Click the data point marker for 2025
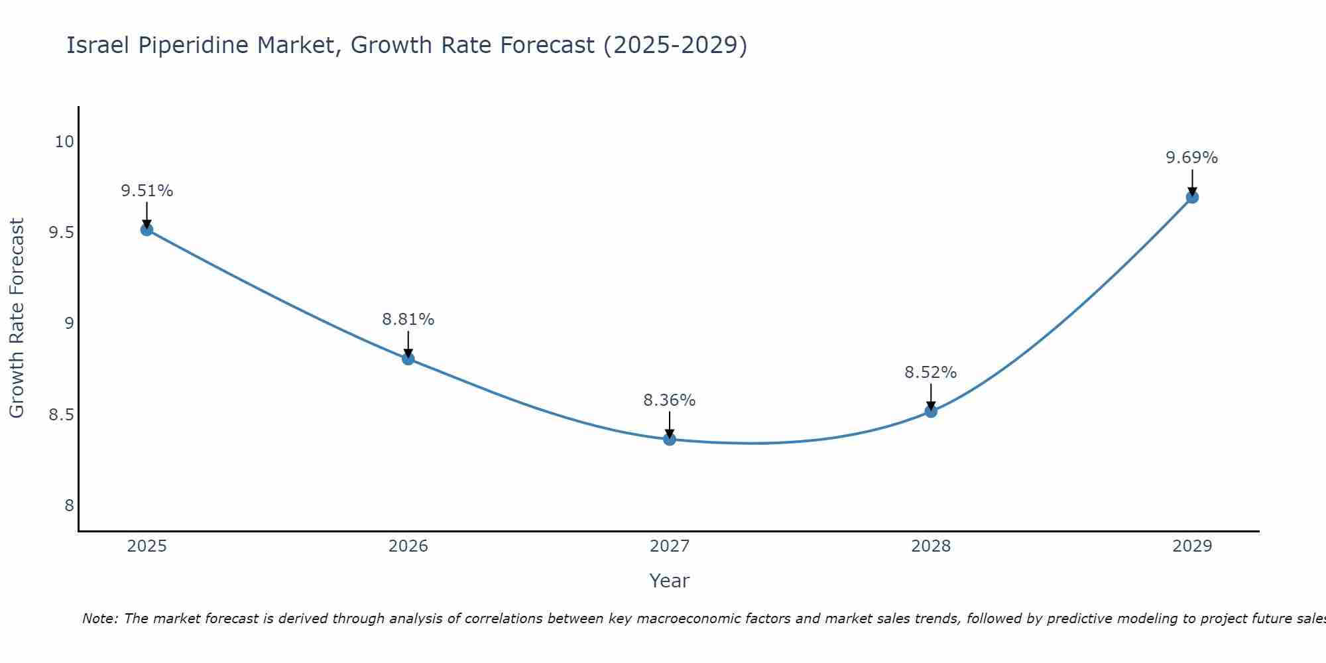147,229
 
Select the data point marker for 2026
408,359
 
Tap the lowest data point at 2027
670,439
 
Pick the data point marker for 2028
931,411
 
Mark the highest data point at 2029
1192,197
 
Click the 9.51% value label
147,191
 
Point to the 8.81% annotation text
408,320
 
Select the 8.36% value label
670,400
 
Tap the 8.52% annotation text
931,373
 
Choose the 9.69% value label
1192,158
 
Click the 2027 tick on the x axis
670,546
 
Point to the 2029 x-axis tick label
1192,546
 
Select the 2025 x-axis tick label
147,546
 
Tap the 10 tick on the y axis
64,142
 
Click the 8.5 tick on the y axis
61,415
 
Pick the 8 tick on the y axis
69,506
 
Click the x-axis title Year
670,581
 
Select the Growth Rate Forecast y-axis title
17,318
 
